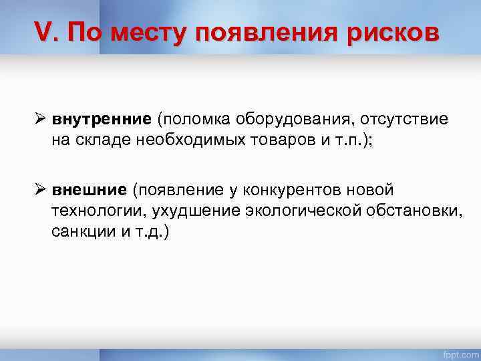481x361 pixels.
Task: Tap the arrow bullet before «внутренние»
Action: tap(40, 119)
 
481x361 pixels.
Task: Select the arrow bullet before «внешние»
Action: tap(40, 192)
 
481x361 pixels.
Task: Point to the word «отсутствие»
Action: tap(405, 119)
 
